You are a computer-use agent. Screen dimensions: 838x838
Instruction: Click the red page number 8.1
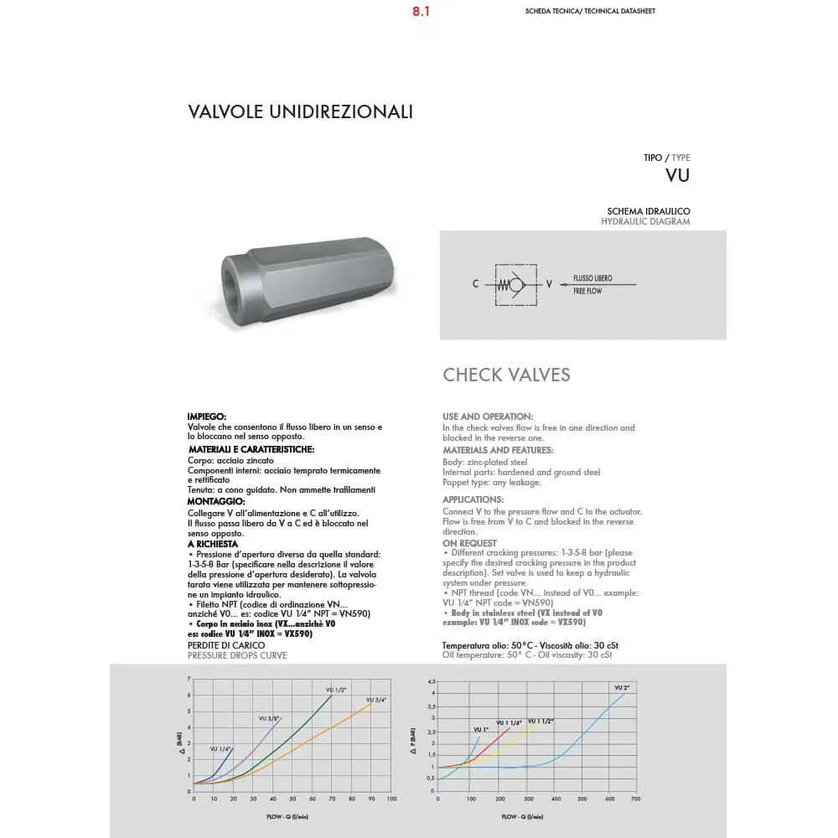tap(421, 13)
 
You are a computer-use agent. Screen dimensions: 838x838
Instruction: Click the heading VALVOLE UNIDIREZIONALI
tap(301, 111)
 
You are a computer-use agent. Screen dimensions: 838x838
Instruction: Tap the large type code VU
tap(677, 175)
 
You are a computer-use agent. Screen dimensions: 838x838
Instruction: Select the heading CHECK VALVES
tap(506, 375)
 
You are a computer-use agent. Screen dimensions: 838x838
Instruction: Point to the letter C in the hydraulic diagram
tap(475, 284)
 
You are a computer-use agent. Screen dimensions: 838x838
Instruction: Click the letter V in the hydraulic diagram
tap(549, 284)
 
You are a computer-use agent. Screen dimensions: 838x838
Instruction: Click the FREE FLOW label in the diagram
tap(587, 291)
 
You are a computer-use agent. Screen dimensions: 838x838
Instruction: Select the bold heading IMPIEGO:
tap(207, 416)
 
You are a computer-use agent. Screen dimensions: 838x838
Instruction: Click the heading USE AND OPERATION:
tap(488, 416)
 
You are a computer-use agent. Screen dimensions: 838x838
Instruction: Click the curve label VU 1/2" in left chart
tap(335, 690)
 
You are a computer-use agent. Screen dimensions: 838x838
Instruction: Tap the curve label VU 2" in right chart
tap(620, 687)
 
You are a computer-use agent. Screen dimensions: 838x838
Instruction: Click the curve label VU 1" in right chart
tap(481, 730)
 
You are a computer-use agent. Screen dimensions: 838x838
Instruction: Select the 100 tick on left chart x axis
tap(391, 799)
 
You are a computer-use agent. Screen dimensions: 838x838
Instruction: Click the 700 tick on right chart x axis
tap(635, 799)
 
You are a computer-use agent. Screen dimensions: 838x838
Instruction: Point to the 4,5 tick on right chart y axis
tap(431, 681)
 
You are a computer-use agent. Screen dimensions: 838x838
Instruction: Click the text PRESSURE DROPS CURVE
tap(237, 655)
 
